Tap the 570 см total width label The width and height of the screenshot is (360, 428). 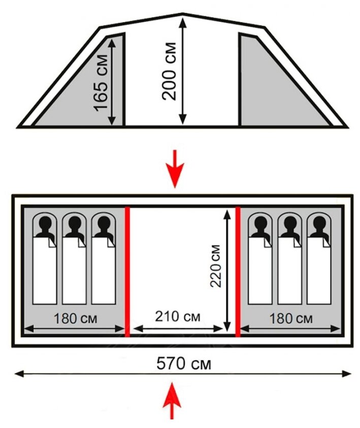point(183,364)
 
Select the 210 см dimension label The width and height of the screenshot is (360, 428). point(178,317)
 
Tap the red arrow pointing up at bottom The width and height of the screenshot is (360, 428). point(173,401)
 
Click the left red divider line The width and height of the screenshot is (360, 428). point(127,272)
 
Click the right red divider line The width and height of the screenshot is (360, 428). point(238,272)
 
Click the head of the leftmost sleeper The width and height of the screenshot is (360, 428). point(45,223)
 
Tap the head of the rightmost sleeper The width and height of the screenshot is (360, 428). point(319,223)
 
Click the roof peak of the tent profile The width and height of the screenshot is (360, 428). point(182,15)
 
